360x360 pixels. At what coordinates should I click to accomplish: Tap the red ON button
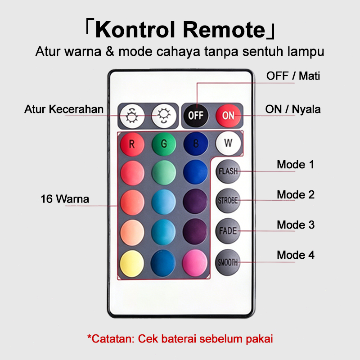[x=228, y=116]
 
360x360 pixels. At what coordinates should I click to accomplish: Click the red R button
[x=132, y=144]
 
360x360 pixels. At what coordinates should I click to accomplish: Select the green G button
[x=164, y=144]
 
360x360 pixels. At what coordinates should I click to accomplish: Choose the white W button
[x=228, y=143]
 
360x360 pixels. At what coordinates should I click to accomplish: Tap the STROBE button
[x=228, y=200]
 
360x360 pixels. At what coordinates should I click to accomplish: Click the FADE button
[x=228, y=231]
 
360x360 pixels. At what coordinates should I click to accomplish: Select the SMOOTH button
[x=228, y=262]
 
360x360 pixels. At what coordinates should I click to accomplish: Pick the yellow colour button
[x=132, y=263]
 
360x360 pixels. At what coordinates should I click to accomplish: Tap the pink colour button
[x=195, y=263]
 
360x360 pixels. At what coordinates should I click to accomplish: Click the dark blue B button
[x=196, y=144]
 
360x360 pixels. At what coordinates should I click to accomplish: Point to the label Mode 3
[x=296, y=225]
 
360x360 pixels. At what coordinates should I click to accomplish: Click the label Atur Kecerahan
[x=64, y=109]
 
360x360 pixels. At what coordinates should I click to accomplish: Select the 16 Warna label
[x=65, y=199]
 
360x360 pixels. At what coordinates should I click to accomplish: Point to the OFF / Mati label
[x=293, y=76]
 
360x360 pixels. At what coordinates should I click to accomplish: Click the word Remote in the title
[x=224, y=30]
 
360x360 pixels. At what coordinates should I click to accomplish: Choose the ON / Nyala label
[x=293, y=109]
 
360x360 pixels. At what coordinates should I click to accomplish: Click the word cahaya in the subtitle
[x=178, y=51]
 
